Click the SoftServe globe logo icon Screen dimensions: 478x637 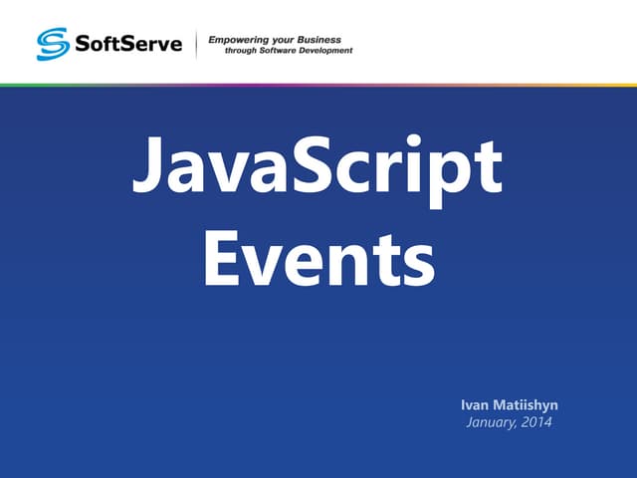click(x=51, y=44)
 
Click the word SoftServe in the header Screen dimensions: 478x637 click(x=126, y=45)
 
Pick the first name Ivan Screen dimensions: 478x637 click(x=475, y=405)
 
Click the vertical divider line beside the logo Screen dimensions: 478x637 click(x=196, y=44)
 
